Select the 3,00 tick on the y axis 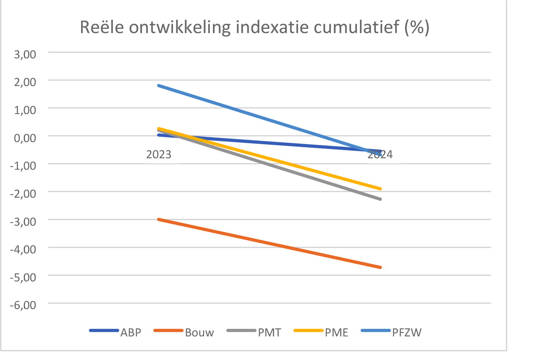pyautogui.click(x=25, y=53)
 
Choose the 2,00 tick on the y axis pyautogui.click(x=25, y=81)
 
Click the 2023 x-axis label pyautogui.click(x=158, y=155)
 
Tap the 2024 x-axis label pyautogui.click(x=380, y=155)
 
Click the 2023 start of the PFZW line pyautogui.click(x=159, y=86)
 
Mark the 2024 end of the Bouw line pyautogui.click(x=380, y=267)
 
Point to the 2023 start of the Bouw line pyautogui.click(x=159, y=219)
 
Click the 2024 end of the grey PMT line pyautogui.click(x=380, y=199)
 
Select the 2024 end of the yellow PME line pyautogui.click(x=380, y=189)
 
